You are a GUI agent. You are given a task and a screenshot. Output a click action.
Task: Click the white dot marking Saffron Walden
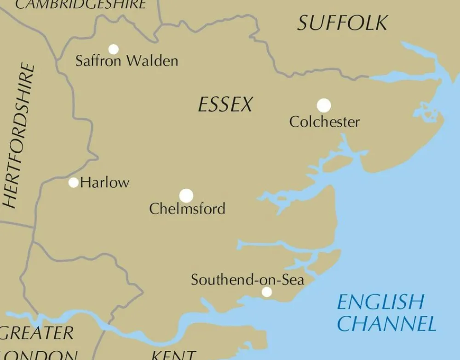coord(113,49)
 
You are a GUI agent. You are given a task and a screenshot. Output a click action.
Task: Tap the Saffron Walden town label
coord(126,61)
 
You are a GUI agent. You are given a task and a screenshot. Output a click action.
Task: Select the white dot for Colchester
coord(324,105)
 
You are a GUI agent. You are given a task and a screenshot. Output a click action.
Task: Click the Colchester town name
coord(324,122)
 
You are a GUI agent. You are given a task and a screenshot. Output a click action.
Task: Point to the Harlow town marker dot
coord(74,182)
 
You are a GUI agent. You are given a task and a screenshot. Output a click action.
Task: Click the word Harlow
coord(105,183)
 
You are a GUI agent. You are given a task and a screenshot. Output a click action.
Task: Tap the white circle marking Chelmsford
coord(186,196)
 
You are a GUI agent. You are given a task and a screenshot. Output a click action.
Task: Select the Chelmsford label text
coord(187,209)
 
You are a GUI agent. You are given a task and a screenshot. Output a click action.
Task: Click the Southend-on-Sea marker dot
coord(267,292)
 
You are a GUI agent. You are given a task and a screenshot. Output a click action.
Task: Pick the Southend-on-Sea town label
coord(247,280)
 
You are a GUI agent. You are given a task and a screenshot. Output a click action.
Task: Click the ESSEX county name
coord(225,105)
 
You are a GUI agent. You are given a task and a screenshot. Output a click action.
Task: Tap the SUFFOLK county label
coord(342,23)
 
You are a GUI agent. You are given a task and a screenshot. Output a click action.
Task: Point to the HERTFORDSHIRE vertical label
coord(19,136)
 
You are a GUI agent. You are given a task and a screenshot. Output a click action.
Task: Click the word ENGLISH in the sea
coord(380,302)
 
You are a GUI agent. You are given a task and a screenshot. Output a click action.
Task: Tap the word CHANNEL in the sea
coord(386,324)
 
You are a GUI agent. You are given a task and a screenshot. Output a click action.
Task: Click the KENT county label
coord(174,355)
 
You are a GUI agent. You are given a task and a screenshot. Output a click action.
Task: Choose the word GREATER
coord(38,333)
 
